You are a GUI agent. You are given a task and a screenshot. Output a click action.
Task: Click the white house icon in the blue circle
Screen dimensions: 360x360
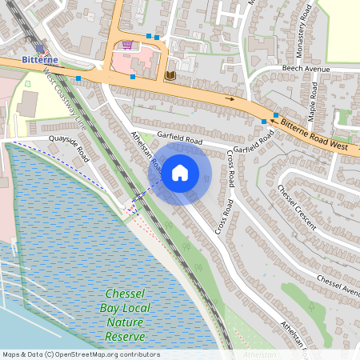180,172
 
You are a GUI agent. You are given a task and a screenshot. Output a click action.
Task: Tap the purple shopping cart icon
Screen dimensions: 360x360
127,45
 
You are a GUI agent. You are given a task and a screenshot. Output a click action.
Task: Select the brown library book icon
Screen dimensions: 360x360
170,74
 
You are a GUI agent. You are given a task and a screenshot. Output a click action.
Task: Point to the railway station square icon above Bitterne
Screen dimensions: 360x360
40,48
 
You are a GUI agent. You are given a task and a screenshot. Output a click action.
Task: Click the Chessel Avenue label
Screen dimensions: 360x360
339,282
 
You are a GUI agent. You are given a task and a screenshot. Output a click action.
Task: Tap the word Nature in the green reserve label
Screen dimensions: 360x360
125,322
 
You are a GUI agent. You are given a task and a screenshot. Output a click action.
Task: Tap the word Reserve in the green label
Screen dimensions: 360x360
125,336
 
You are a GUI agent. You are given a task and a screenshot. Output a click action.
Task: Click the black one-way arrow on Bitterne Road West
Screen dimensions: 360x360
233,98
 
